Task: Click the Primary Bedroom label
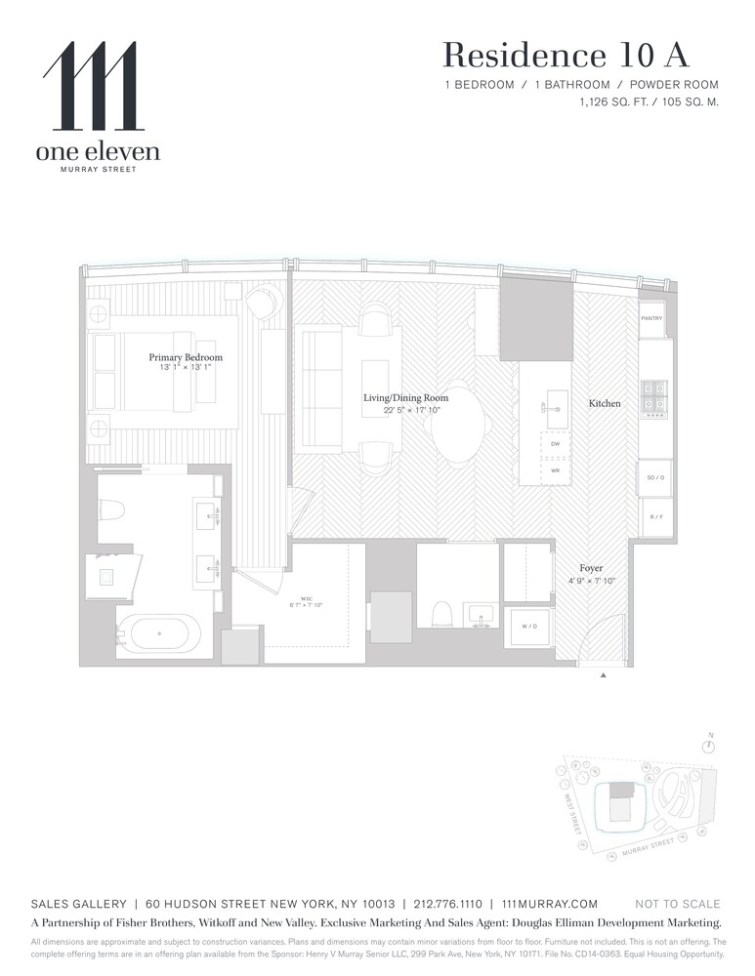pyautogui.click(x=186, y=357)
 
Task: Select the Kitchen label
pyautogui.click(x=604, y=403)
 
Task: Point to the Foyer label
pyautogui.click(x=590, y=568)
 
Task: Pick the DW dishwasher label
pyautogui.click(x=555, y=444)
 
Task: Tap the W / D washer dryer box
pyautogui.click(x=526, y=626)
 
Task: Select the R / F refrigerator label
pyautogui.click(x=654, y=516)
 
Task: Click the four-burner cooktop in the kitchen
pyautogui.click(x=653, y=397)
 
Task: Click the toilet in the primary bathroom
pyautogui.click(x=112, y=510)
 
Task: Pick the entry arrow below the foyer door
pyautogui.click(x=603, y=674)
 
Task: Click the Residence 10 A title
pyautogui.click(x=580, y=56)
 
